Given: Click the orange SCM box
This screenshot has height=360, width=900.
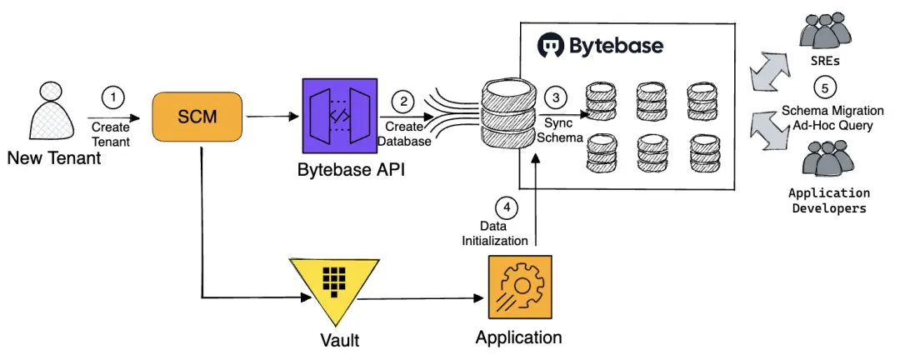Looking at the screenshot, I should tap(197, 118).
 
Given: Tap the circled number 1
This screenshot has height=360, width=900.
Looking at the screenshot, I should tap(113, 97).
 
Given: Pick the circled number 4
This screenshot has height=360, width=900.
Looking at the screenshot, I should tap(504, 206).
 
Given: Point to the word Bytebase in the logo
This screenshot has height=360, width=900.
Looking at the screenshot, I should tap(617, 45).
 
